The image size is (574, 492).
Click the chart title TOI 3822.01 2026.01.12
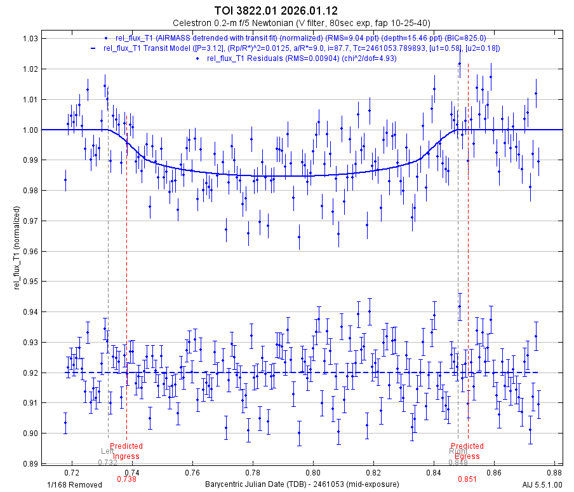[287, 11]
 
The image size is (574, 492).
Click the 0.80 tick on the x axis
[313, 473]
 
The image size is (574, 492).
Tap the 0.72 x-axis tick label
[72, 473]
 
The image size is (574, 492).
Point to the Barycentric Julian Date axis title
[302, 484]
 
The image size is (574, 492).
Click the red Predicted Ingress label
[126, 451]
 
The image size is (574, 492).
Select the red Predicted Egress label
[467, 451]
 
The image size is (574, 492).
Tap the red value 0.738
[127, 479]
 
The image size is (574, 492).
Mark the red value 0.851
[467, 479]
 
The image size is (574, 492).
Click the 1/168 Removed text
[74, 484]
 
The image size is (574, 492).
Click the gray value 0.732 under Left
[108, 462]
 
